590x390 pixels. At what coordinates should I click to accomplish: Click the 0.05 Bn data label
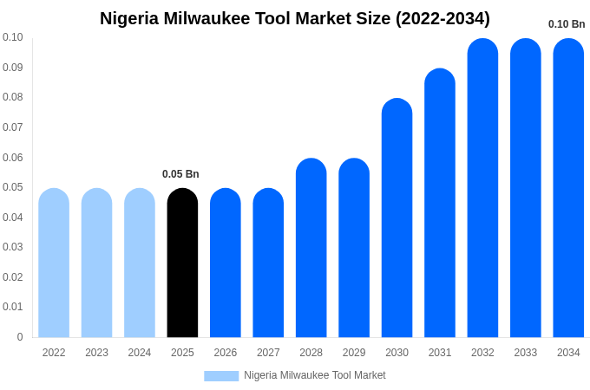[x=180, y=174]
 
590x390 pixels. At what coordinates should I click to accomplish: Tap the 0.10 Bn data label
[x=567, y=24]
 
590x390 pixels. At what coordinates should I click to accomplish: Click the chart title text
[x=295, y=18]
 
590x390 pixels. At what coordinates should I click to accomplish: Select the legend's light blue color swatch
[x=221, y=375]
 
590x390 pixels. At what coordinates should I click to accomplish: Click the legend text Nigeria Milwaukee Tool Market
[x=314, y=375]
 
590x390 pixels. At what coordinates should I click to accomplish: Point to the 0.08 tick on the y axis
[x=12, y=97]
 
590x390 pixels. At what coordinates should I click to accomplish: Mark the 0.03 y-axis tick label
[x=12, y=247]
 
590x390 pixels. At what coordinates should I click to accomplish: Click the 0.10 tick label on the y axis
[x=12, y=37]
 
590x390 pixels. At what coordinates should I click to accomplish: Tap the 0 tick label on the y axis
[x=19, y=337]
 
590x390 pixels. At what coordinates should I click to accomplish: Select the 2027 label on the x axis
[x=268, y=353]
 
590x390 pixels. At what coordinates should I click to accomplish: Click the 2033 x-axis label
[x=525, y=353]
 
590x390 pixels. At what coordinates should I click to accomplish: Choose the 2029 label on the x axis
[x=354, y=353]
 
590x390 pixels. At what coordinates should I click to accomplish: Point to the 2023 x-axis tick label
[x=96, y=353]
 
